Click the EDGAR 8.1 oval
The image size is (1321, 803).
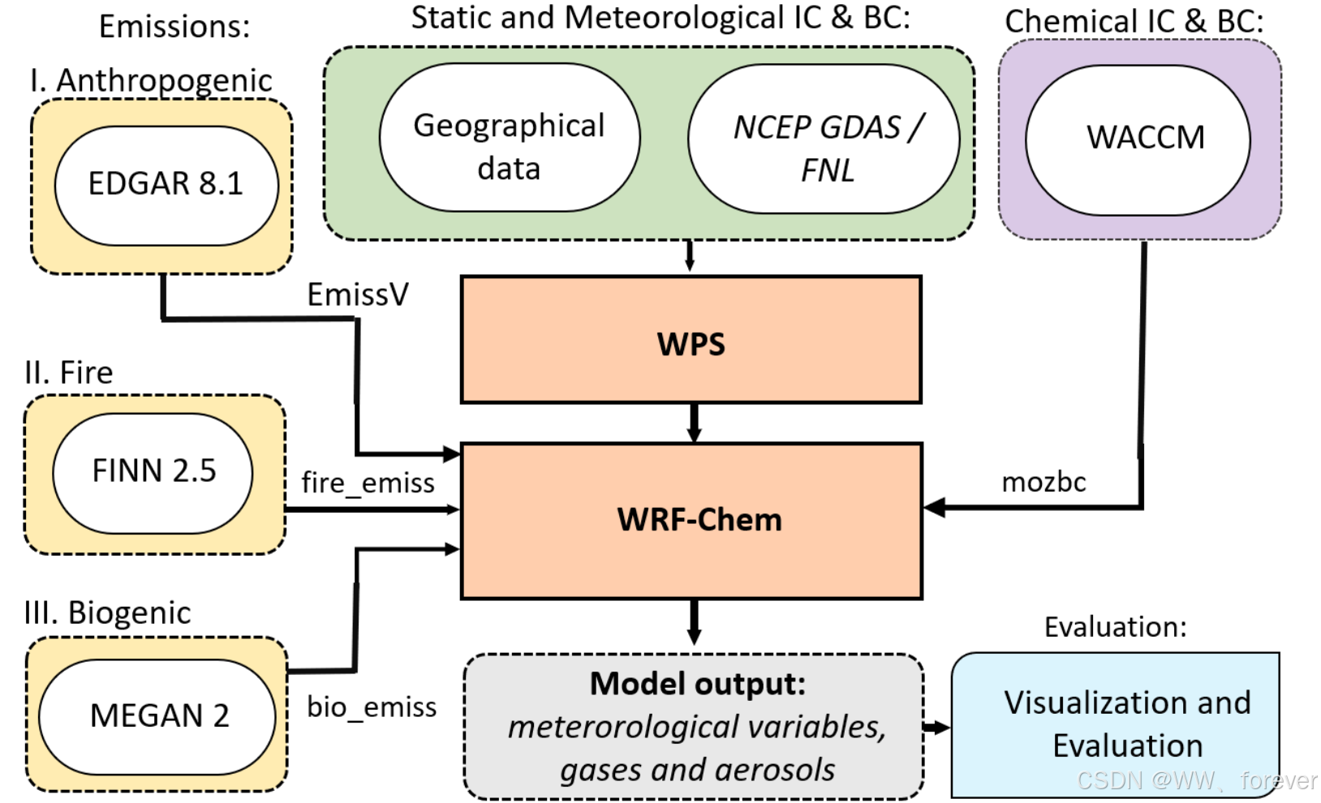166,184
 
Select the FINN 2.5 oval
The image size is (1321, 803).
153,471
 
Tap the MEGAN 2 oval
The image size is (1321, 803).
159,715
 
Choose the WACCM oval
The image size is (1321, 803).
1145,138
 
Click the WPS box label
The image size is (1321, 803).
691,344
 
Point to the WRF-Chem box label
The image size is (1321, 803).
699,519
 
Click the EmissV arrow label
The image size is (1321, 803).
358,294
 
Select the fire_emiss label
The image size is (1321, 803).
368,483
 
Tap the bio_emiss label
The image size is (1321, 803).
372,706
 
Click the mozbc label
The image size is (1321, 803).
1043,482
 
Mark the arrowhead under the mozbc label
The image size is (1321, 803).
935,508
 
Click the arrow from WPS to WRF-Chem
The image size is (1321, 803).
694,422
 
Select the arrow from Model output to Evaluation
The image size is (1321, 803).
936,727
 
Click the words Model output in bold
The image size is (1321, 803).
697,684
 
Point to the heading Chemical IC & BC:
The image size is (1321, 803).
1134,21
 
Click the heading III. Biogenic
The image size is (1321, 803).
107,612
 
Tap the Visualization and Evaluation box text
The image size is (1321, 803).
1127,724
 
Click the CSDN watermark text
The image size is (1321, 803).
1196,780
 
